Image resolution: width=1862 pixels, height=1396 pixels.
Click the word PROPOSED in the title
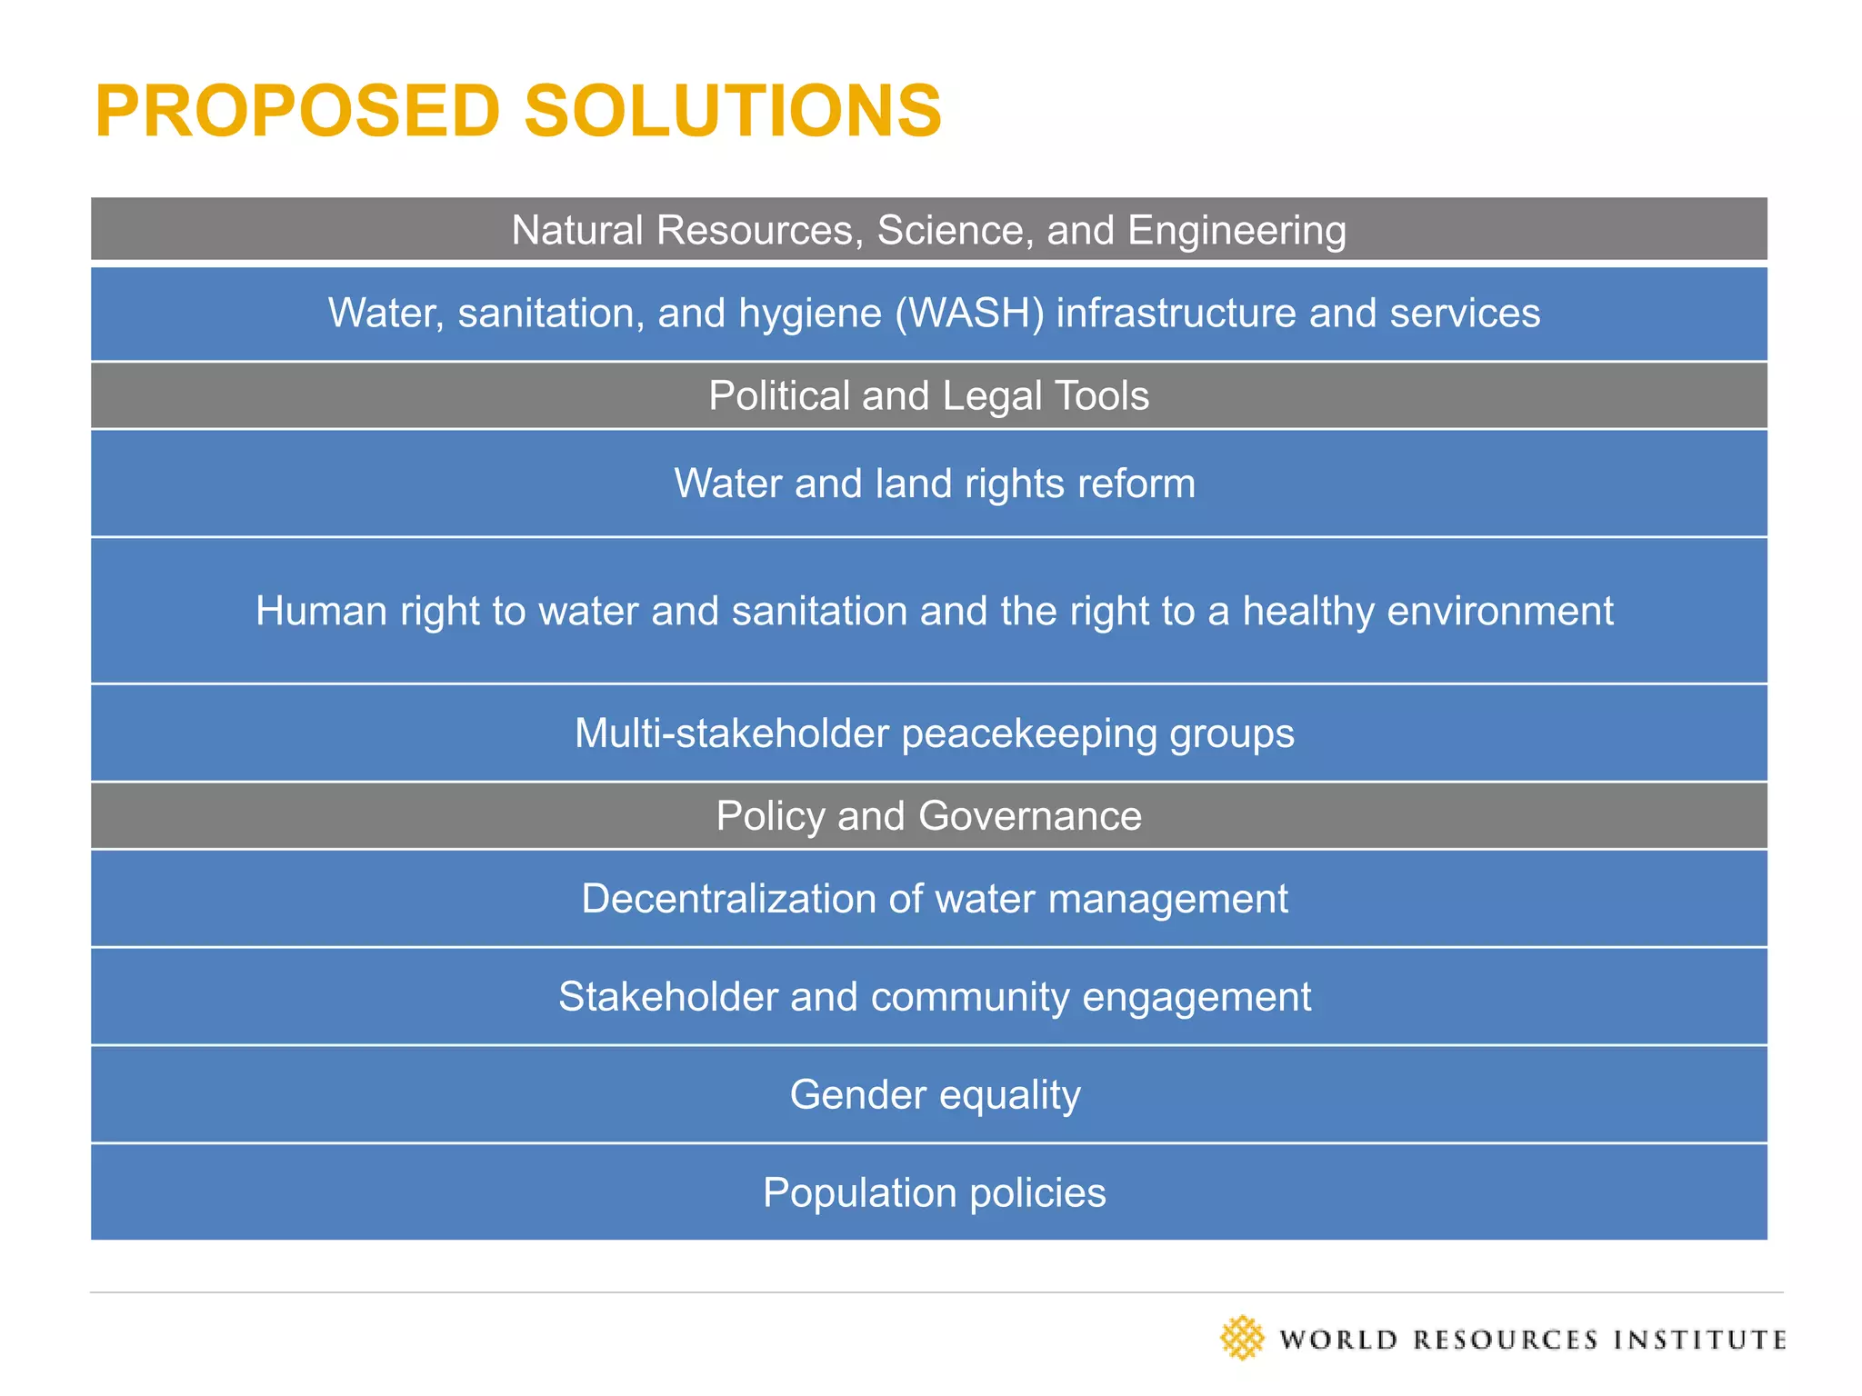(x=297, y=111)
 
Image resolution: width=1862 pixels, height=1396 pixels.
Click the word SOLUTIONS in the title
(x=733, y=111)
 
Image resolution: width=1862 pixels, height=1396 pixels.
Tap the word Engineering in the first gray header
(x=1236, y=231)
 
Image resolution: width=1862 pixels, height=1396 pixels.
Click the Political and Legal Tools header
(x=928, y=396)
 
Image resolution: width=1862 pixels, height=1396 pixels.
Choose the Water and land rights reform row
(x=934, y=484)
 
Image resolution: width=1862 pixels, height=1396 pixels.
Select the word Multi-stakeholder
(x=731, y=733)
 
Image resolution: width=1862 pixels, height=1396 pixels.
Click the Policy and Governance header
(x=928, y=816)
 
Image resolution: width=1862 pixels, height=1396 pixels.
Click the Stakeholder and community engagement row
(x=934, y=997)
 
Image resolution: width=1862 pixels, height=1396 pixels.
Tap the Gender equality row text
(x=934, y=1095)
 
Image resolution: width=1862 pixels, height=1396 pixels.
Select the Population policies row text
(x=934, y=1193)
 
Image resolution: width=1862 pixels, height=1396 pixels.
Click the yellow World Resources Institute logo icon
(x=1242, y=1338)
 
